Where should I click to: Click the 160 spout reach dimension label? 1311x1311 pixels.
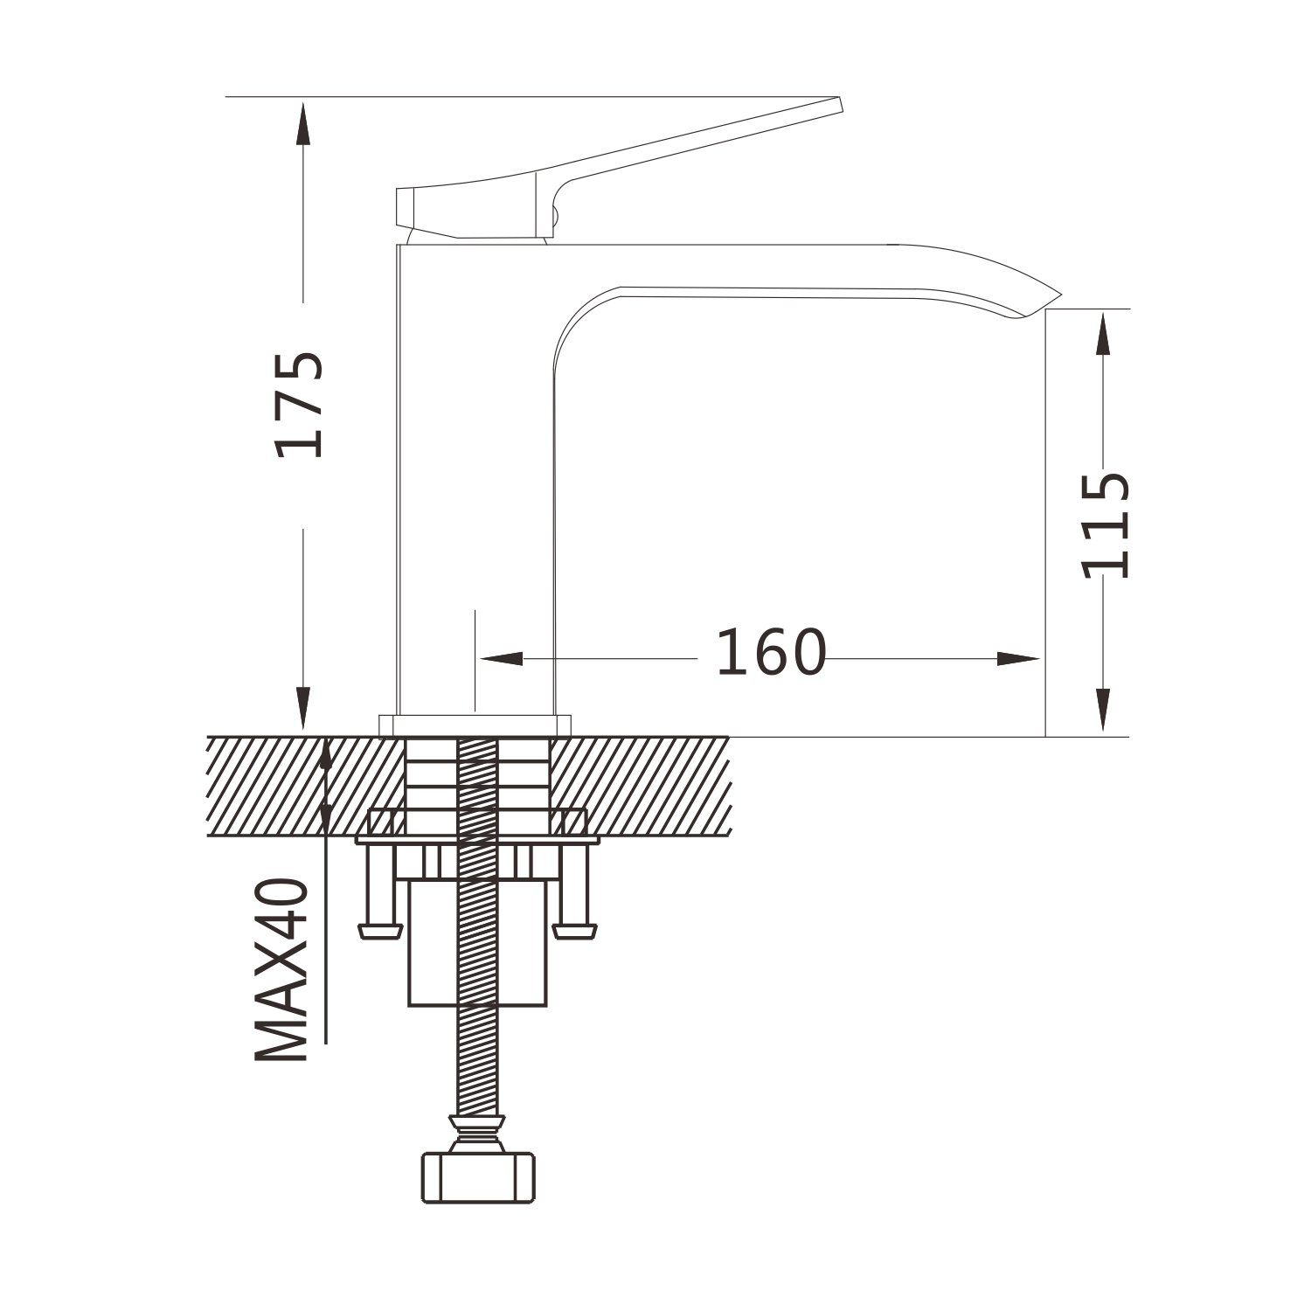(771, 653)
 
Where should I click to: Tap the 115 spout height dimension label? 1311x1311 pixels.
(1106, 526)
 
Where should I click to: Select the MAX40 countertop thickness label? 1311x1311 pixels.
(282, 970)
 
